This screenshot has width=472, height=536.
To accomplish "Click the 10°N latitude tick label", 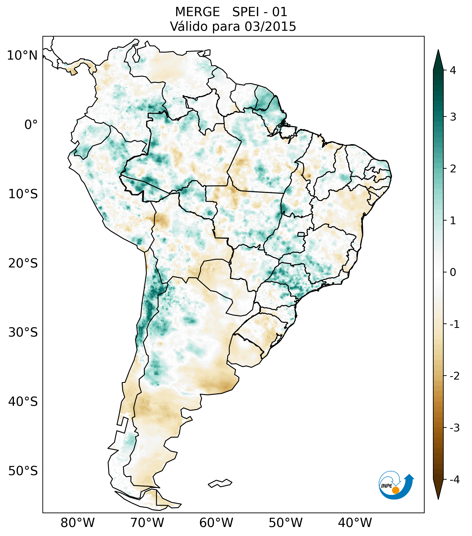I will pos(22,56).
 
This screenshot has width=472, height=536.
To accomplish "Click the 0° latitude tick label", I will pos(31,125).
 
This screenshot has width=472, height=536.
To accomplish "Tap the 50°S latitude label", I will pos(23,471).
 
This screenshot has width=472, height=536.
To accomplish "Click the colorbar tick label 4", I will pos(453,70).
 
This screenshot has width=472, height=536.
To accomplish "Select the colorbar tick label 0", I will pos(453,272).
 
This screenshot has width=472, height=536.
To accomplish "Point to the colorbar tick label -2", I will pos(454,376).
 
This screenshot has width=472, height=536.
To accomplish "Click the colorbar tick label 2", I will pos(453,169).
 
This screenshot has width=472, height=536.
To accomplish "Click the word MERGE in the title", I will pos(197,12).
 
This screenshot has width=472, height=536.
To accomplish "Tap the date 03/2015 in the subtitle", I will pos(270,26).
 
